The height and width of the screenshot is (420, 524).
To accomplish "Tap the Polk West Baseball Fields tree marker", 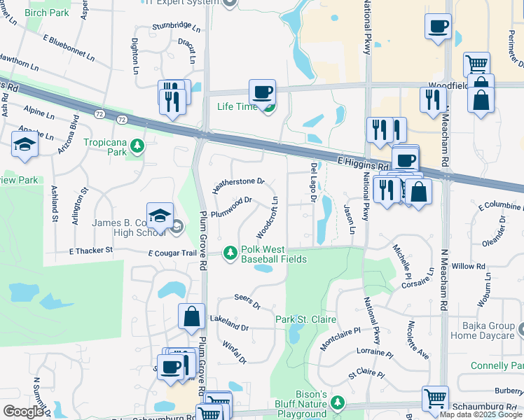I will click(x=230, y=253).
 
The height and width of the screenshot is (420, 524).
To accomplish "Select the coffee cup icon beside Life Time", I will click(x=262, y=92).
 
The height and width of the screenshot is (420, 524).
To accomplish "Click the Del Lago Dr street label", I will click(x=313, y=183).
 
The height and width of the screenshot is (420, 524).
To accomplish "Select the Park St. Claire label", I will click(x=305, y=319).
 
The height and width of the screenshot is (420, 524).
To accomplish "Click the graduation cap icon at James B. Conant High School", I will click(x=160, y=215).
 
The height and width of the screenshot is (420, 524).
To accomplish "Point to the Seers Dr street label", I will click(x=247, y=302).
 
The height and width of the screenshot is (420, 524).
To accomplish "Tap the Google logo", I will click(x=23, y=412).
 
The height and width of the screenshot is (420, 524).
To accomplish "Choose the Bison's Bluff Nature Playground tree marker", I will click(x=338, y=402).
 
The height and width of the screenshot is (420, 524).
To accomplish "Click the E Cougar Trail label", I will click(x=171, y=253).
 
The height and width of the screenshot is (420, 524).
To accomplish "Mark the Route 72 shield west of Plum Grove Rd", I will click(x=123, y=120).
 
